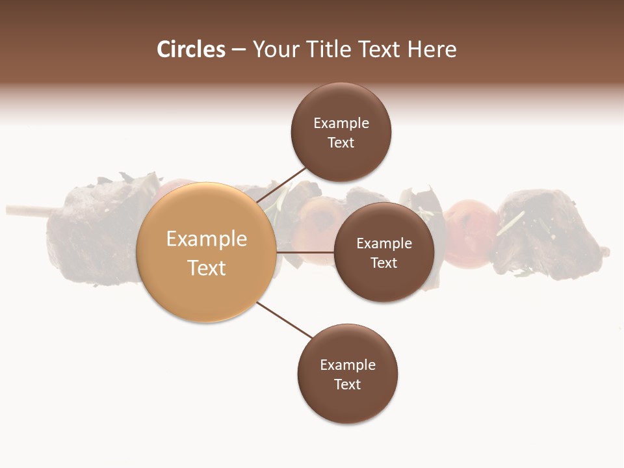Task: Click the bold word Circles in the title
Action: click(x=191, y=49)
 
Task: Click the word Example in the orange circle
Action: click(x=207, y=239)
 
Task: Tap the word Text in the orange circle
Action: click(x=207, y=268)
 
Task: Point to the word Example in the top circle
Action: click(x=341, y=123)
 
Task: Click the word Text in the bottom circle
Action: click(x=348, y=384)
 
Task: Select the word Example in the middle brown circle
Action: click(x=384, y=244)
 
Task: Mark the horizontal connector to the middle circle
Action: click(x=305, y=252)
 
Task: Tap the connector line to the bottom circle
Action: click(x=285, y=320)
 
